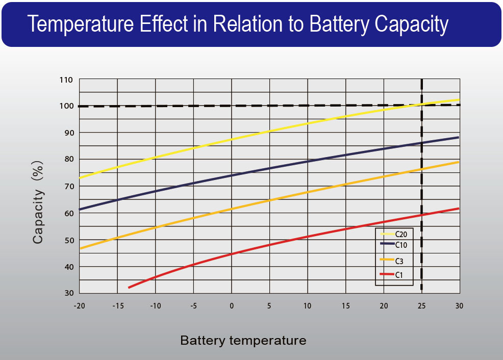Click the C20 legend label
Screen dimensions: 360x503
(401, 234)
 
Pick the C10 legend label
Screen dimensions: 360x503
(401, 244)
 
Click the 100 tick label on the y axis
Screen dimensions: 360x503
(68, 106)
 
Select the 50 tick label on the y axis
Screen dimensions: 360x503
(68, 240)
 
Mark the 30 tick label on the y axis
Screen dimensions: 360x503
(68, 293)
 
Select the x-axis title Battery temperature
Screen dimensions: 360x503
(243, 340)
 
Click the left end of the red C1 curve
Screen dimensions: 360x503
(129, 288)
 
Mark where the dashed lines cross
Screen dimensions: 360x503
(421, 105)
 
